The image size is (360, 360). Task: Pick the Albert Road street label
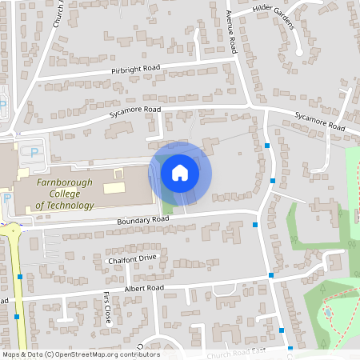pyautogui.click(x=144, y=287)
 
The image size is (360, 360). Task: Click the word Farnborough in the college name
pyautogui.click(x=64, y=182)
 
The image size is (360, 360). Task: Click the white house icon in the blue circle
pyautogui.click(x=180, y=172)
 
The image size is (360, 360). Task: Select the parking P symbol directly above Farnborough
pyautogui.click(x=34, y=152)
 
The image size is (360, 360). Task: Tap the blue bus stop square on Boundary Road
pyautogui.click(x=255, y=225)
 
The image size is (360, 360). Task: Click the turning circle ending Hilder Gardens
pyautogui.click(x=299, y=52)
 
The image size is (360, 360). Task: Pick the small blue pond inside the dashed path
pyautogui.click(x=327, y=310)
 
